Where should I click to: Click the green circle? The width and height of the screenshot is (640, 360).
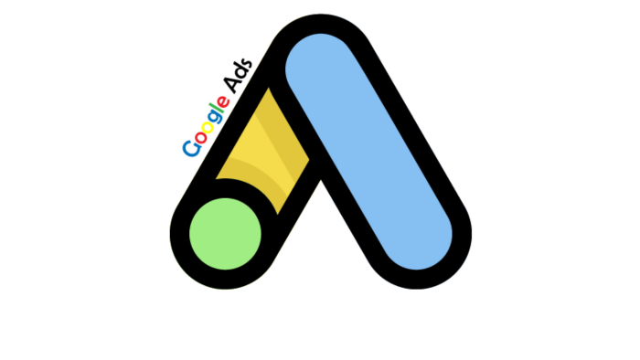click(x=225, y=234)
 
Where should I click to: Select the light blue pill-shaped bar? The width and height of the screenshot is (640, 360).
click(x=368, y=152)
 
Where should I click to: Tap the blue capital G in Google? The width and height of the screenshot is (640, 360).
click(x=192, y=148)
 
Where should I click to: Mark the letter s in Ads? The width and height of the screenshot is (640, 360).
click(x=247, y=64)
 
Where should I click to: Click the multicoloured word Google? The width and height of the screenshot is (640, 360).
click(x=206, y=126)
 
